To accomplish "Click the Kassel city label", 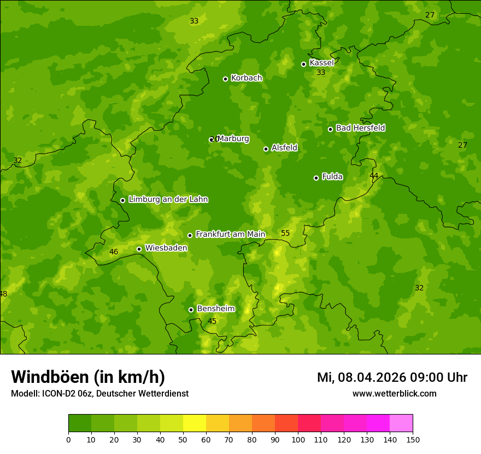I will (x=321, y=63).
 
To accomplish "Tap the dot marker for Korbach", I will (x=225, y=79).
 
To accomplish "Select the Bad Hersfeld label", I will (x=360, y=128).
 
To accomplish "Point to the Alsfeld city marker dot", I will (x=266, y=149).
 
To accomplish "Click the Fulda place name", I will (x=332, y=177).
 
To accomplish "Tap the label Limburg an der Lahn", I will (x=168, y=200).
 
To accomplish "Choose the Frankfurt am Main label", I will (x=230, y=235).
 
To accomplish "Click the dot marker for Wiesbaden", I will (x=139, y=249).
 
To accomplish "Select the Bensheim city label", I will (x=215, y=309).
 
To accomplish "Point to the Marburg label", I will (x=233, y=139).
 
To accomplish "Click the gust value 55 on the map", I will (x=285, y=234).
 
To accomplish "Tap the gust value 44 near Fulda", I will (x=374, y=176).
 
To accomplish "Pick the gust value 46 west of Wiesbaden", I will (x=114, y=252).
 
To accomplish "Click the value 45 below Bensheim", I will (x=212, y=321).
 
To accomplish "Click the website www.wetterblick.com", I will (x=394, y=394).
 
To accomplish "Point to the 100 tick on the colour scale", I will (x=298, y=440).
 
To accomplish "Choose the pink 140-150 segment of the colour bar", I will (x=401, y=423).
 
